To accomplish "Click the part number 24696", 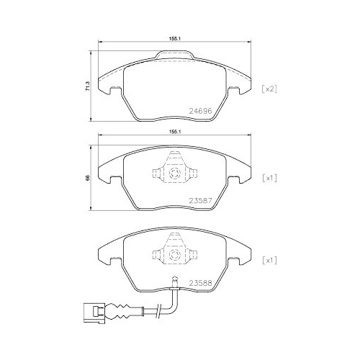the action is [x=201, y=111].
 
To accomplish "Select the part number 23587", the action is [x=201, y=200].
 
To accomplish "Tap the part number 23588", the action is [x=201, y=283].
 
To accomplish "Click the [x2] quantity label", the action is [x=269, y=89].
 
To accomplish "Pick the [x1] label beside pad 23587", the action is [x=269, y=178].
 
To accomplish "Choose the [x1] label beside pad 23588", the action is [x=269, y=261].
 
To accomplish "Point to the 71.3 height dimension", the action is [x=88, y=86].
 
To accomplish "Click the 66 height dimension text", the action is [x=88, y=178].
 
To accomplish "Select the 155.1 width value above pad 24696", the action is [x=174, y=38].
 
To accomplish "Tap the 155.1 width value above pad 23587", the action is [x=174, y=132].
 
